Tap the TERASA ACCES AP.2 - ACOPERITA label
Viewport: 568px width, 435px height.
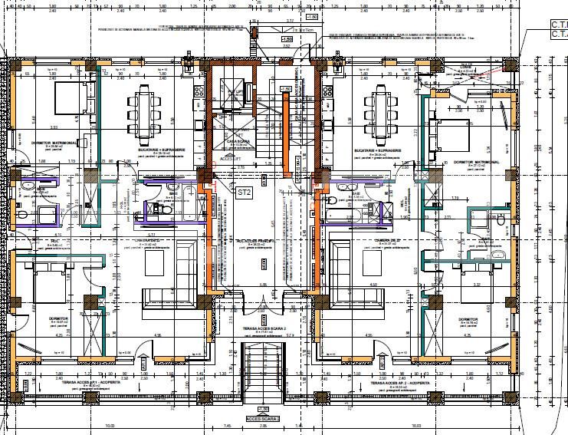(399, 381)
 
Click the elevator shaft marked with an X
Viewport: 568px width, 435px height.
(231, 98)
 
